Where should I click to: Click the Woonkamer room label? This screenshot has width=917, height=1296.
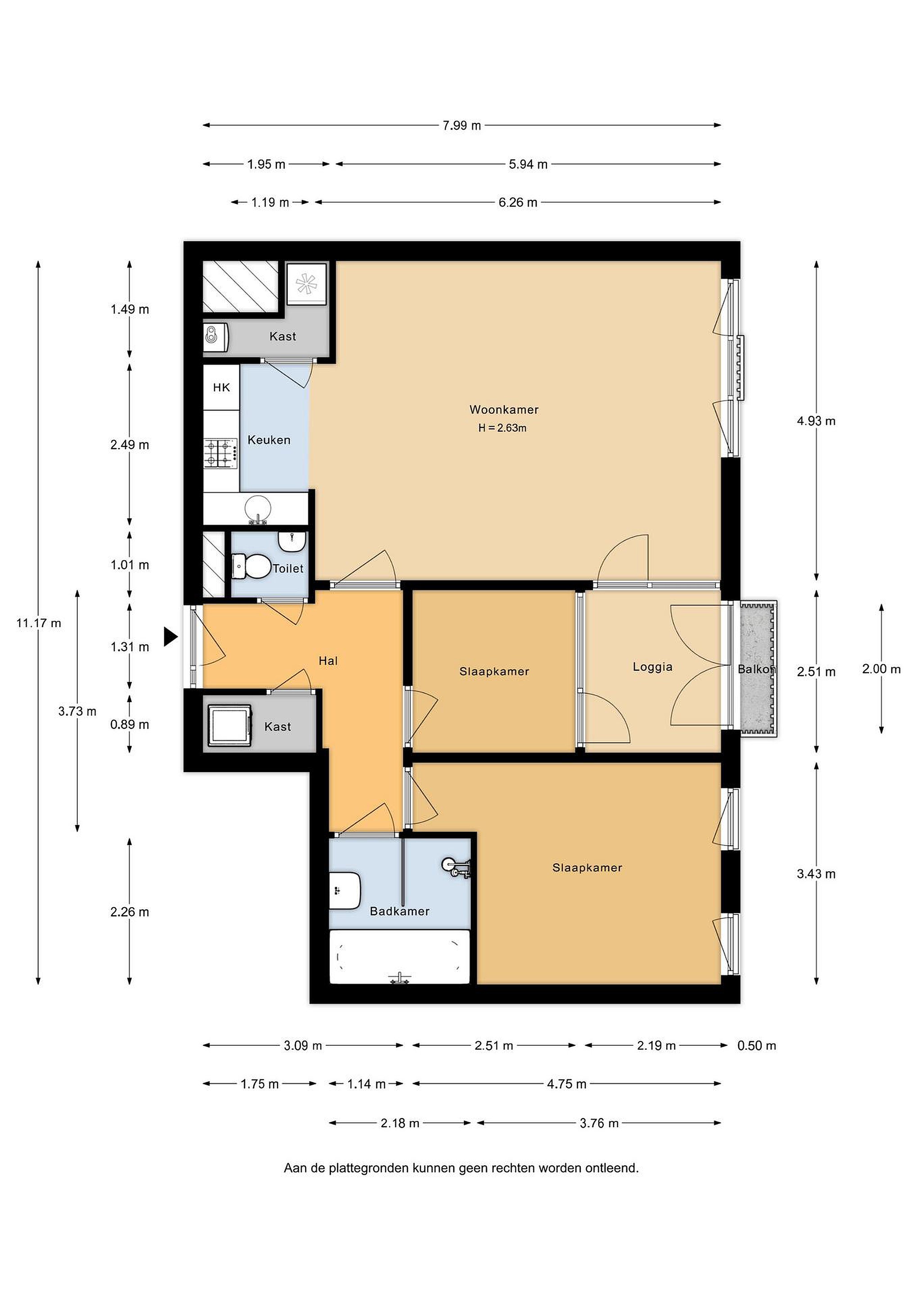[504, 410]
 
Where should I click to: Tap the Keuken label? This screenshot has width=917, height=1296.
[269, 440]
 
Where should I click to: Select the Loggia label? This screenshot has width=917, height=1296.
[652, 667]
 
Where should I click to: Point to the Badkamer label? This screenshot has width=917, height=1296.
[399, 911]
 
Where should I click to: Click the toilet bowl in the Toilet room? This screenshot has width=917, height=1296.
[252, 566]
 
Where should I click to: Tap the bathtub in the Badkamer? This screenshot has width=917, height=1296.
[399, 957]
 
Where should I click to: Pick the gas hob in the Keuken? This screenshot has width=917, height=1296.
[221, 453]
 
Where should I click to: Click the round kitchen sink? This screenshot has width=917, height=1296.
[258, 508]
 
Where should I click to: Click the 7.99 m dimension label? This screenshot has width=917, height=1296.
[461, 125]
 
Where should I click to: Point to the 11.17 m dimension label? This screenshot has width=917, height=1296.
[38, 623]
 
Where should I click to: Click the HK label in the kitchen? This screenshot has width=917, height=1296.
[221, 388]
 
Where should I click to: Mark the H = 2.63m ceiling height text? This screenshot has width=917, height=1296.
[502, 428]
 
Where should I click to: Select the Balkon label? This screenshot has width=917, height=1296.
[757, 670]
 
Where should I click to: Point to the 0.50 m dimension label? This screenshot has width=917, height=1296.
[757, 1046]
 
